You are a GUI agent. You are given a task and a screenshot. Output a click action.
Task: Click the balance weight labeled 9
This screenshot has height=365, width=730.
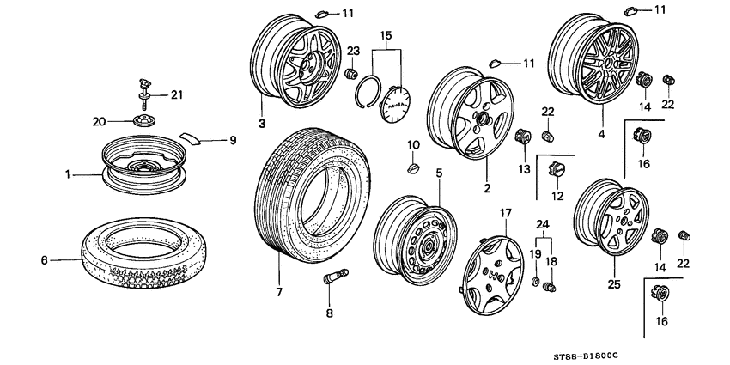tap(195, 137)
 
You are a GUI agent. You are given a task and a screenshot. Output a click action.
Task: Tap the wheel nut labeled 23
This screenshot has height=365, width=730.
tap(350, 75)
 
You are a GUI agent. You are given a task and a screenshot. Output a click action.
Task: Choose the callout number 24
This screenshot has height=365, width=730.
tap(542, 226)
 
